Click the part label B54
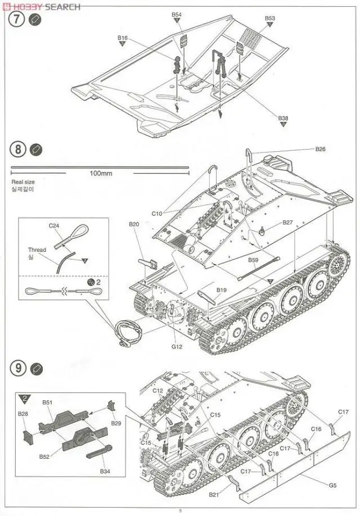[x=177, y=14]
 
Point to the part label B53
[x=270, y=18]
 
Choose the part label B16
[x=123, y=38]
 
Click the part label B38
[x=283, y=118]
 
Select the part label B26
[x=320, y=150]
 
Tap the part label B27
[x=288, y=222]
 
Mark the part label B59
[x=254, y=260]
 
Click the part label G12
[x=178, y=347]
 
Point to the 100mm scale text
[x=101, y=173]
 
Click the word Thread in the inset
[x=37, y=250]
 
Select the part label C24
[x=53, y=225]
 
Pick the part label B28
[x=22, y=414]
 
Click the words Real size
[x=22, y=182]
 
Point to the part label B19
[x=221, y=291]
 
